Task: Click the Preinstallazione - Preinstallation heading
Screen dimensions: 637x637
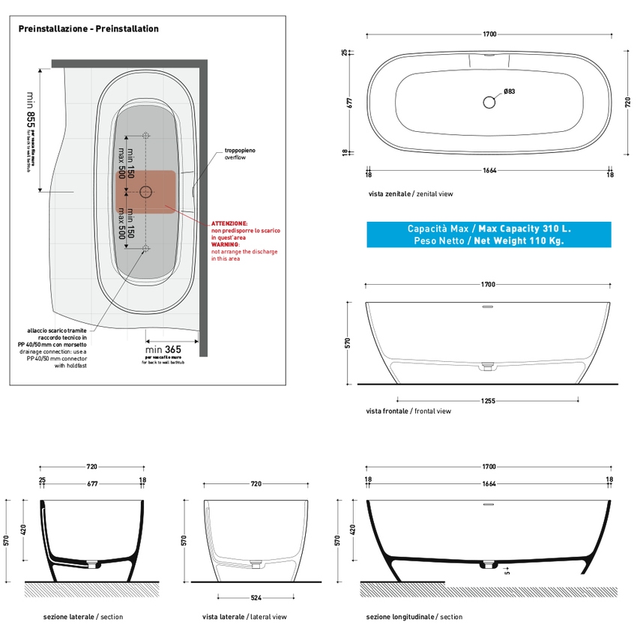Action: coord(88,28)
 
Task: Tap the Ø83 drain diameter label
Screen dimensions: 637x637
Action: coord(509,91)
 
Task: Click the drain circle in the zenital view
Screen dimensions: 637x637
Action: coord(489,101)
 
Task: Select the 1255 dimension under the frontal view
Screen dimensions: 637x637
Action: coord(488,401)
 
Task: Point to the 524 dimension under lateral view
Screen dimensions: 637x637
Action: coord(256,597)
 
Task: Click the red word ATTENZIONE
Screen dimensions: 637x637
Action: coord(229,223)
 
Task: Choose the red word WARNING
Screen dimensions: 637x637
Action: coord(226,244)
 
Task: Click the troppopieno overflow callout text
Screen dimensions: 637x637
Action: coord(240,154)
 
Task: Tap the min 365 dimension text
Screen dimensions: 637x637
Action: coord(163,348)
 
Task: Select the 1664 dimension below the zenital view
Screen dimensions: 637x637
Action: coord(489,171)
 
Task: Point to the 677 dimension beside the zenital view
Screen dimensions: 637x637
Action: coord(348,103)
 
